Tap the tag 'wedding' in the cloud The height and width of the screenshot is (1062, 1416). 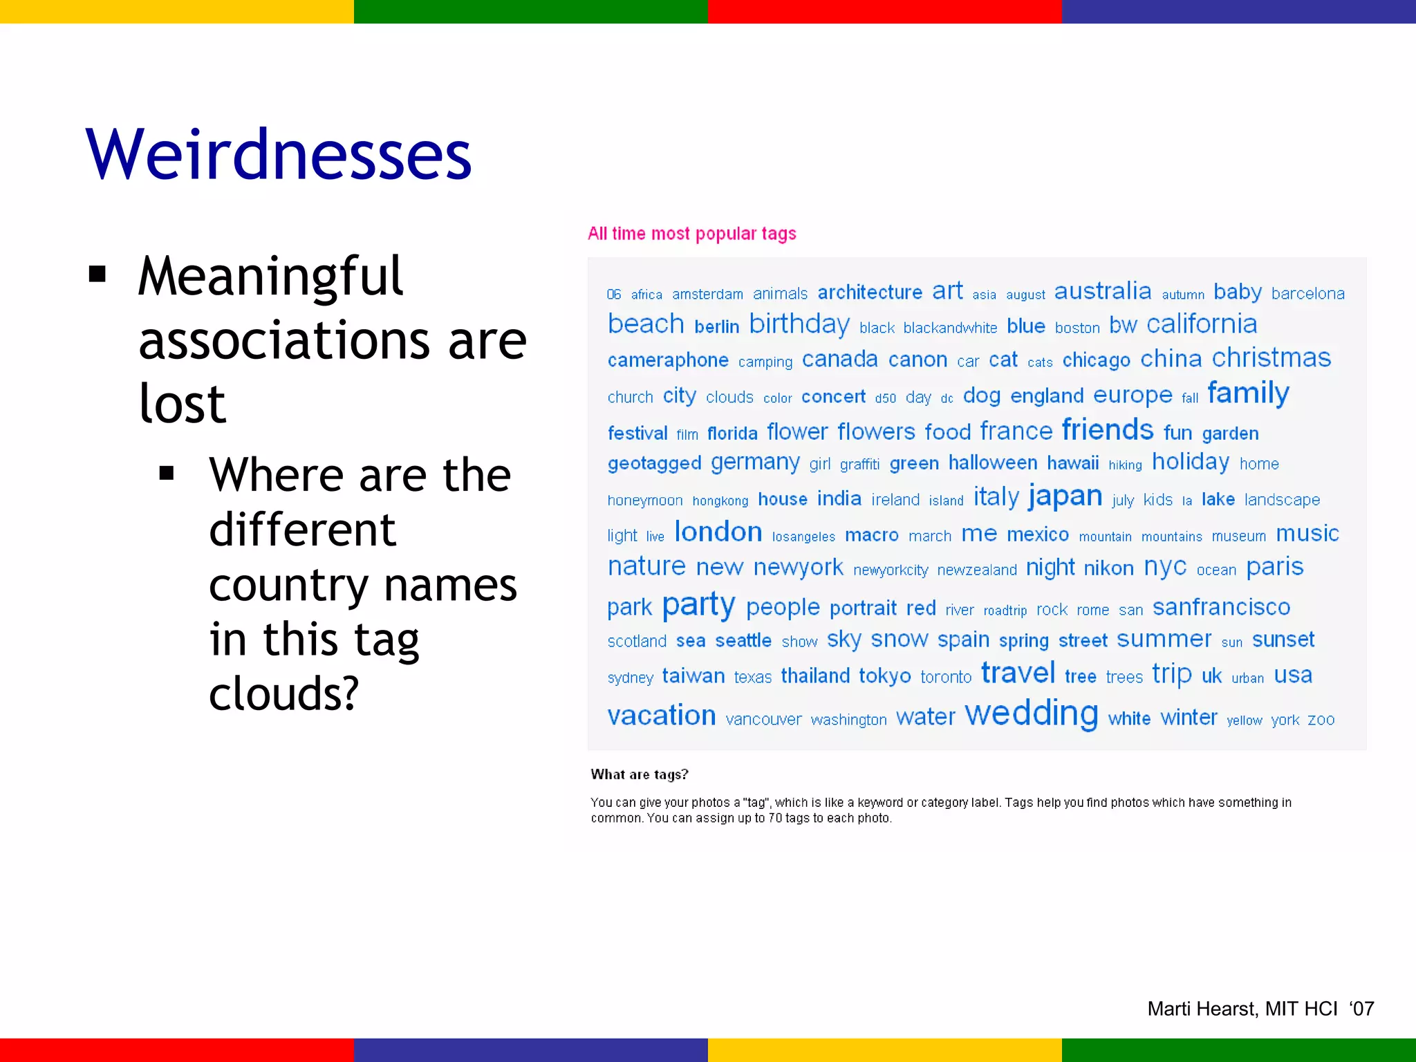1031,714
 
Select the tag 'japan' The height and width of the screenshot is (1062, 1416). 1065,496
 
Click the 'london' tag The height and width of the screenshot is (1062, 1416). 718,532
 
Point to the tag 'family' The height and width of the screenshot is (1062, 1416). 1248,393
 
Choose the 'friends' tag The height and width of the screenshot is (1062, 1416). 1108,430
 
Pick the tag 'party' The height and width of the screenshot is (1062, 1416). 698,605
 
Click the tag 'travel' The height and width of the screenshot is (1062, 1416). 1018,673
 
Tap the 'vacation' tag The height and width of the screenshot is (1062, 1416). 662,716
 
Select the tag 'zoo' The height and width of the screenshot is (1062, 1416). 1321,720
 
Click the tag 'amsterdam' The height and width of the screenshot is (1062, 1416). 707,295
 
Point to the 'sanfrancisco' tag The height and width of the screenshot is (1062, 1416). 1221,607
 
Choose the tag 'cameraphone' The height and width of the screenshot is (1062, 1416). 668,360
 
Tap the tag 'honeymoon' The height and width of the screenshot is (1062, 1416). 645,501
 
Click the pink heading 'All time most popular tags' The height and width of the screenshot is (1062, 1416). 691,234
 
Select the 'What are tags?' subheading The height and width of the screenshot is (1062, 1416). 640,774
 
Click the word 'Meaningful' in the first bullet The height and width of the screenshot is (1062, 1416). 270,277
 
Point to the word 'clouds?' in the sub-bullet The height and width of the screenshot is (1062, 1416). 283,693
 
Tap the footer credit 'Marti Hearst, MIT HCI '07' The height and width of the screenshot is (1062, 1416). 1260,1009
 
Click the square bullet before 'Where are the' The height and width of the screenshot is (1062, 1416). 166,474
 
